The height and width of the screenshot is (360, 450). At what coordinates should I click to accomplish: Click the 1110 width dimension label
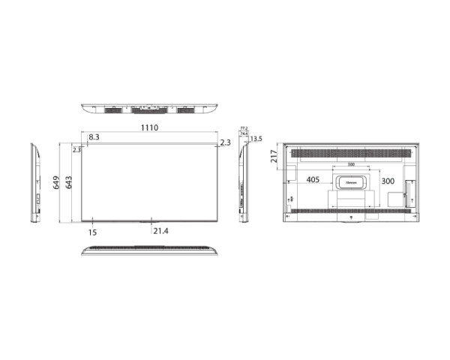pos(148,128)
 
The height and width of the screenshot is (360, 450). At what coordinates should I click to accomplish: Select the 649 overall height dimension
pos(57,182)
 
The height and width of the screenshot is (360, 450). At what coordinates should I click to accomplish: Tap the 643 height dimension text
pos(69,182)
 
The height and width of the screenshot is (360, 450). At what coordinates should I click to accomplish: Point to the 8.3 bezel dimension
pos(94,137)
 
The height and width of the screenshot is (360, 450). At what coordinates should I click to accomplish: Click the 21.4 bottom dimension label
pos(160,231)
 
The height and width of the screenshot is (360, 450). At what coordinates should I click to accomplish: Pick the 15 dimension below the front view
pos(92,232)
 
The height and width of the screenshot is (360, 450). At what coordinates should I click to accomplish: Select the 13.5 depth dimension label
pos(256,139)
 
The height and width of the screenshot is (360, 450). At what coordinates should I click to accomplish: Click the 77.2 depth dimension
pos(243,128)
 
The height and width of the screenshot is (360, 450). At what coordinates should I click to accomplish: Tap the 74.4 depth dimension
pos(243,133)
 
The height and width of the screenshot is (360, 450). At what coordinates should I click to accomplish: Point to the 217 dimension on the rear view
pos(274,156)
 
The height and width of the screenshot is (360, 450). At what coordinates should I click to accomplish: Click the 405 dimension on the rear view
pos(314,181)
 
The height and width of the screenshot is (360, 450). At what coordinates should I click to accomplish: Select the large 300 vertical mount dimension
pos(388,181)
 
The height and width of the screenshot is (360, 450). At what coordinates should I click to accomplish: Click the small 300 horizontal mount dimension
pos(351,164)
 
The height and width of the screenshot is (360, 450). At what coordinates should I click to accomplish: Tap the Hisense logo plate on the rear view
pos(350,181)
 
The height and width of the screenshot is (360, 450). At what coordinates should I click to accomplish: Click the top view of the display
pos(148,109)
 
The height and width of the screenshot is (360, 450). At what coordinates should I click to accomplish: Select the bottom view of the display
pos(148,249)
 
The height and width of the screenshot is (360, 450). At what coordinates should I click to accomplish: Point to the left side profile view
pos(34,182)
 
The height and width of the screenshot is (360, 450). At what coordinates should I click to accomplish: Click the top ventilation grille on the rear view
pos(350,154)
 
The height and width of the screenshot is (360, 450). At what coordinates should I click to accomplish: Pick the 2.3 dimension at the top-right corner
pos(226,142)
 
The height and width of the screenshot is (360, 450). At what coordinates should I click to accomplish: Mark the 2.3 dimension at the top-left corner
pos(76,150)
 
